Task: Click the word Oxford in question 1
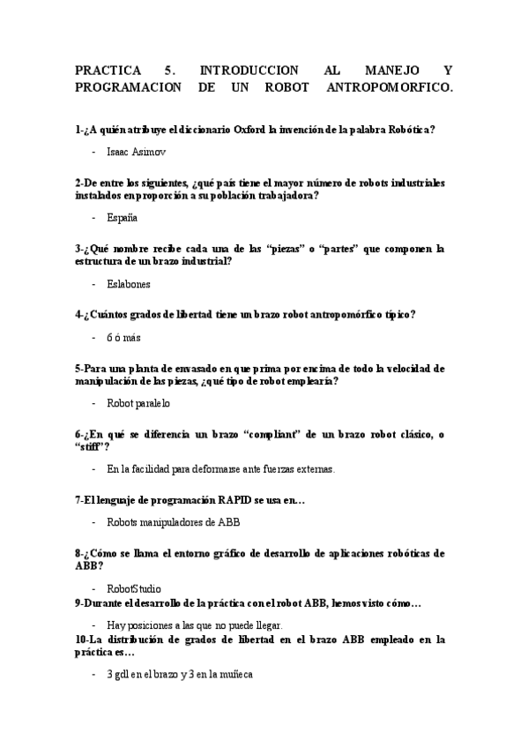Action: coord(253,130)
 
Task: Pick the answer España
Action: coord(122,217)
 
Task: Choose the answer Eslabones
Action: coord(129,284)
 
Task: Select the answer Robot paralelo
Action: coord(138,403)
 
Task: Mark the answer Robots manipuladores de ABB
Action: coord(173,521)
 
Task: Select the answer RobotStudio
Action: coord(134,588)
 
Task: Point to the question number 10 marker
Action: coord(81,639)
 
